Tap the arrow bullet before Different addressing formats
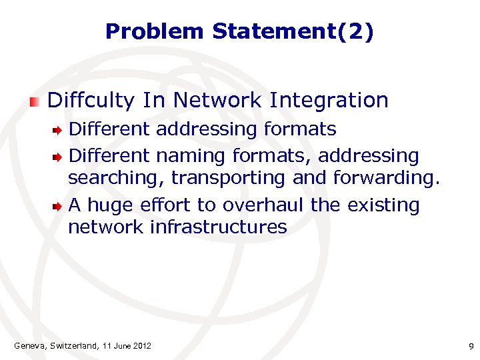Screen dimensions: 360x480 pyautogui.click(x=59, y=129)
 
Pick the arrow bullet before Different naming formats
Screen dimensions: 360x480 pyautogui.click(x=59, y=157)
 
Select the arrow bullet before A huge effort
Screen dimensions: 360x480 pyautogui.click(x=59, y=206)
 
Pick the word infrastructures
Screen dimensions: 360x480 pyautogui.click(x=218, y=227)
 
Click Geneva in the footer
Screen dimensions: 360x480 pyautogui.click(x=29, y=345)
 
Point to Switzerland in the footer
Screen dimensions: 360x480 pyautogui.click(x=74, y=345)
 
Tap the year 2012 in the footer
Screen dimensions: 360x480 pyautogui.click(x=141, y=345)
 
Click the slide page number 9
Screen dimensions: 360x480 pyautogui.click(x=471, y=346)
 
